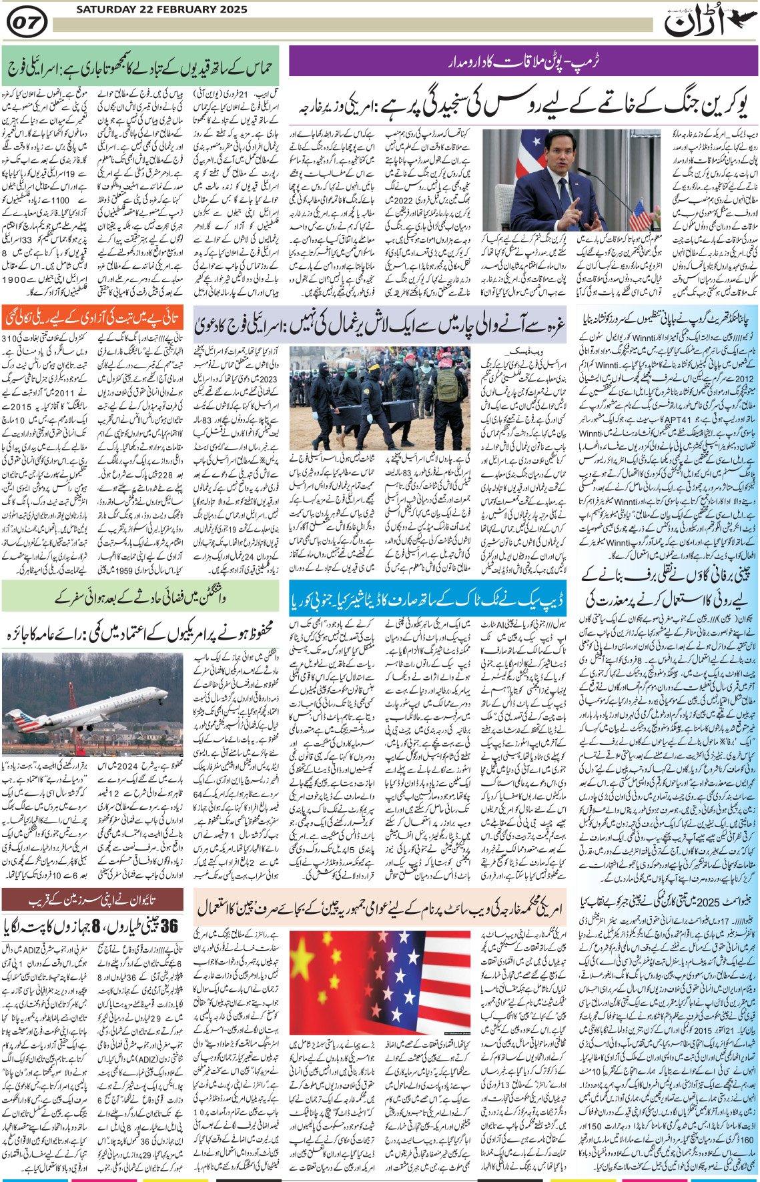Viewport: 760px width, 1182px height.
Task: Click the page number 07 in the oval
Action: [x=26, y=24]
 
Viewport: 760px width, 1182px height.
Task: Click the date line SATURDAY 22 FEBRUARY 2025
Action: [x=161, y=9]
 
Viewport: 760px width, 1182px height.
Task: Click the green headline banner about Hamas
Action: [x=140, y=67]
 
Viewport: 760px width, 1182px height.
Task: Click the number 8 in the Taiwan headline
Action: [x=95, y=926]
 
